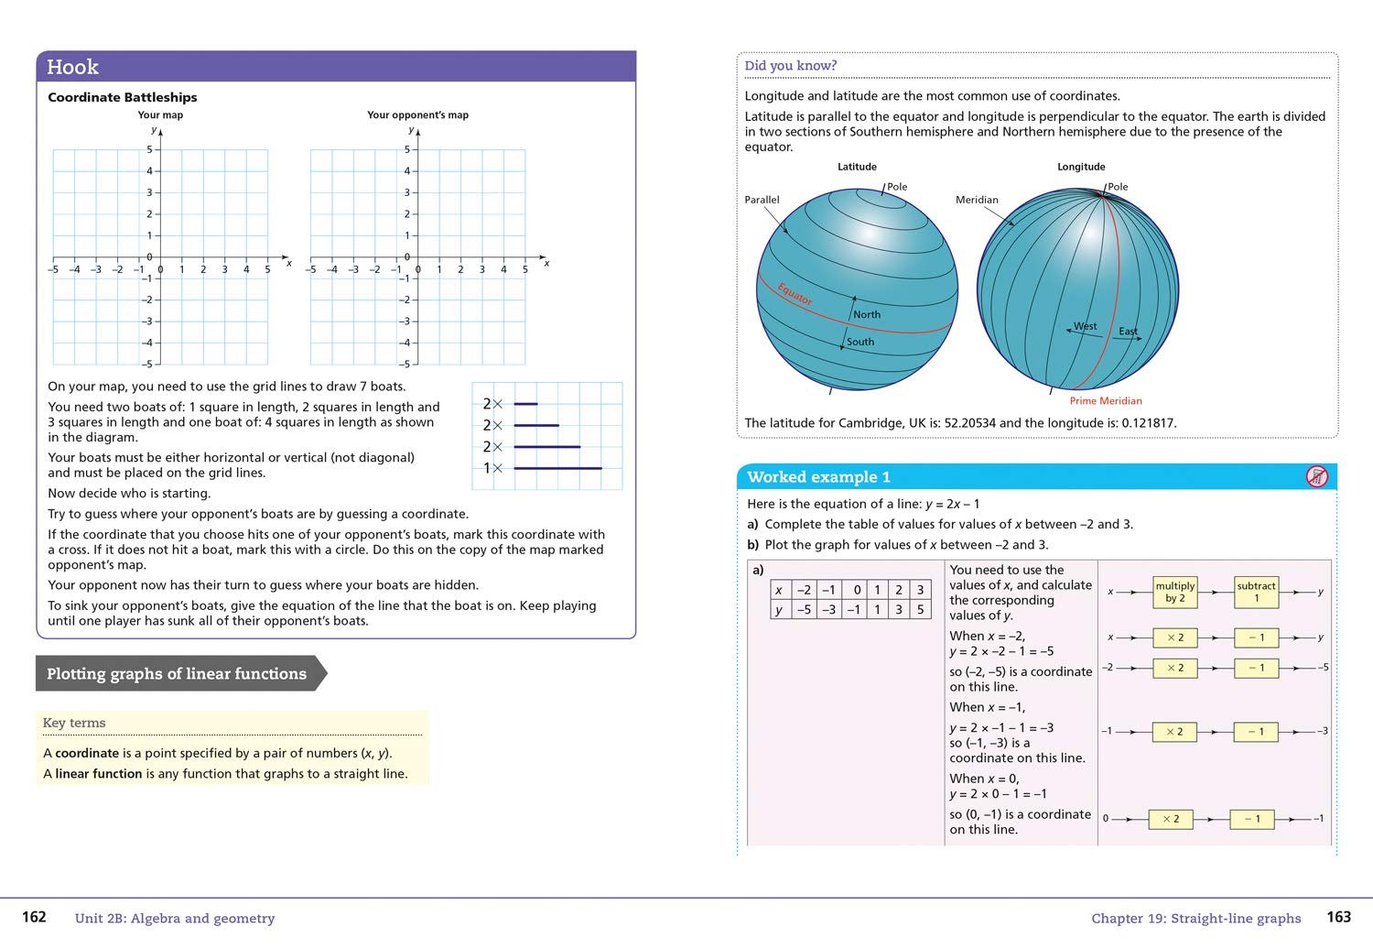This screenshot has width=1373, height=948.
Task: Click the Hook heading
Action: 72,67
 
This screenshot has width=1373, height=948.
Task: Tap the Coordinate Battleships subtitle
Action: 122,97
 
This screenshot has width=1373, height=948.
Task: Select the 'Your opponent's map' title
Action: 417,114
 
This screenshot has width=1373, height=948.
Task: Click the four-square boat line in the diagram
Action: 557,468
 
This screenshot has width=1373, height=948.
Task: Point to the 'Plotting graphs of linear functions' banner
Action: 177,673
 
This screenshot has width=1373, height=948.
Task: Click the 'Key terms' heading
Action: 74,723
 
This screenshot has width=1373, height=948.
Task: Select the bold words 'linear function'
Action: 98,773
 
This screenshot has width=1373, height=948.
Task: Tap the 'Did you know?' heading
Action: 790,66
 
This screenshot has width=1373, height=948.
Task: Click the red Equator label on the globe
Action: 795,294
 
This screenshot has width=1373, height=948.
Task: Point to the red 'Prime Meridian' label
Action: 1106,400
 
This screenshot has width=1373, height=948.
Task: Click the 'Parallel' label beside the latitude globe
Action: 762,200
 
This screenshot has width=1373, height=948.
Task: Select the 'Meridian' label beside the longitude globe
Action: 977,200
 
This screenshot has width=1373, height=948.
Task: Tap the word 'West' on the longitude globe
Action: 1085,326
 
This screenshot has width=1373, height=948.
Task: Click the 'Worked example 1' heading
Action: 818,476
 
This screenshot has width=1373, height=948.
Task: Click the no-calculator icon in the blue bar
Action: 1316,476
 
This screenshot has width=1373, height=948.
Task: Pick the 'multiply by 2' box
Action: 1175,592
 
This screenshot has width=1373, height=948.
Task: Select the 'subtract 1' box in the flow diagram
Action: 1256,592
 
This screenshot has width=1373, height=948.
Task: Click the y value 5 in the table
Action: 920,609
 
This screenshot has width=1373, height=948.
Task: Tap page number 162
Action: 34,917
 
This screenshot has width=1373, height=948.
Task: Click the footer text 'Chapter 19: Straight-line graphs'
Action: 1195,918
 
